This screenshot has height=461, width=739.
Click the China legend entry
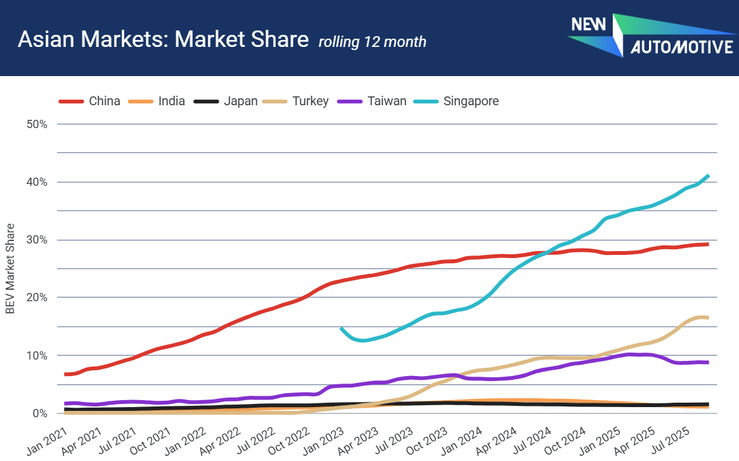[x=89, y=101]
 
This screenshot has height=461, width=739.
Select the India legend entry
[x=157, y=101]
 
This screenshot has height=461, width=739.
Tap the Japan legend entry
[x=226, y=101]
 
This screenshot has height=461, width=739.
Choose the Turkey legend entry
[x=295, y=101]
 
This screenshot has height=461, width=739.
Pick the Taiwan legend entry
[x=372, y=101]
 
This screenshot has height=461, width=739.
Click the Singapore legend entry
[x=456, y=101]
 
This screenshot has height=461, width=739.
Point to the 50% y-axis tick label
[x=37, y=124]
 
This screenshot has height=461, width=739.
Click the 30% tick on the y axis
[x=37, y=240]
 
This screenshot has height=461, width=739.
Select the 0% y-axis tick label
[x=39, y=413]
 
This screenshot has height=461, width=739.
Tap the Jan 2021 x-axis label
[x=47, y=441]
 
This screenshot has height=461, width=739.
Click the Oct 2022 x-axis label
[x=288, y=441]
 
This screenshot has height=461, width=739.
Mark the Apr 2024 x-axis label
[x=496, y=441]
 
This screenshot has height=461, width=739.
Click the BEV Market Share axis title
[x=10, y=269]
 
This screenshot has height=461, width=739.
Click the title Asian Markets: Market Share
[x=163, y=39]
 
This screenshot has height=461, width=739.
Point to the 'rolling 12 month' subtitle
[x=372, y=41]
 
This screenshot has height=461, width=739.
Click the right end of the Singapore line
[x=709, y=176]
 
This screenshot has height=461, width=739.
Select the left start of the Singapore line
[x=341, y=328]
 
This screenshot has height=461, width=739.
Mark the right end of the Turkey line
[x=708, y=318]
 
